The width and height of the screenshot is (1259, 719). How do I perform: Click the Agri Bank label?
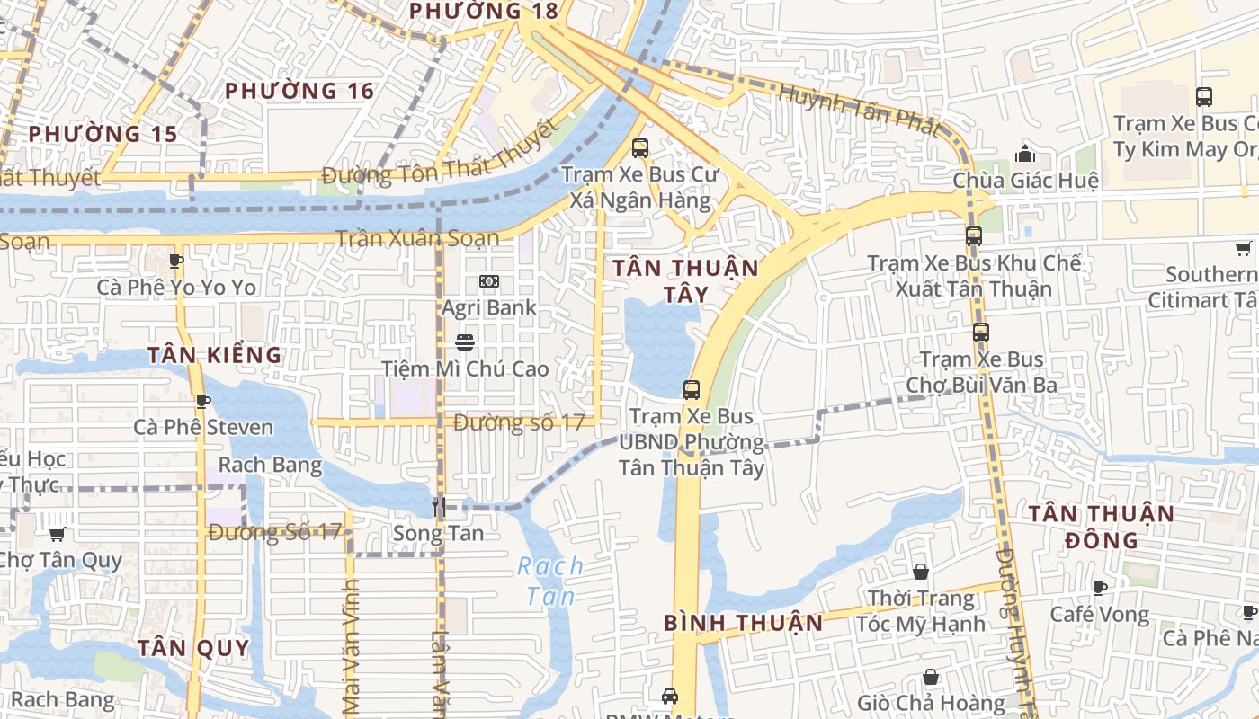(x=488, y=307)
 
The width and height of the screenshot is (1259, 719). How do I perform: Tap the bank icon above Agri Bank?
(x=488, y=281)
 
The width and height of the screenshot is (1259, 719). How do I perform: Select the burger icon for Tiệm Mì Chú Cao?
(x=465, y=342)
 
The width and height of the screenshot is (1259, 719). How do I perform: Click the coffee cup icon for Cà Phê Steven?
(x=202, y=401)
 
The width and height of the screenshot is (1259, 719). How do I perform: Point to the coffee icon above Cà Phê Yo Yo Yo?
(x=176, y=261)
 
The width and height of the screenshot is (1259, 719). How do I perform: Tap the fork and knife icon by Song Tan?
(x=439, y=507)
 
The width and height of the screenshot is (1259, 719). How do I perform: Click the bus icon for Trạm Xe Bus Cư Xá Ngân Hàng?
(x=640, y=148)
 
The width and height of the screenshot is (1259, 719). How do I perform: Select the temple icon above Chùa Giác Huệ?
(x=1024, y=155)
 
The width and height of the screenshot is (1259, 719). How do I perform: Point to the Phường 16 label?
(x=299, y=91)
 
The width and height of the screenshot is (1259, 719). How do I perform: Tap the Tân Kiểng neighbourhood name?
(x=215, y=355)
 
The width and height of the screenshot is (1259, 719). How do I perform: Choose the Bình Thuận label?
(x=744, y=623)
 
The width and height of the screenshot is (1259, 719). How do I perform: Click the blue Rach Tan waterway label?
(x=550, y=581)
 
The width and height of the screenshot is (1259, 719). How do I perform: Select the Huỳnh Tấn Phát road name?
(x=858, y=109)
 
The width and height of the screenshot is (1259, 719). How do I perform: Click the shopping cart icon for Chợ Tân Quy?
(x=58, y=535)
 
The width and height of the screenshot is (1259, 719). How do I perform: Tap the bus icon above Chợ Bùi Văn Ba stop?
(x=980, y=333)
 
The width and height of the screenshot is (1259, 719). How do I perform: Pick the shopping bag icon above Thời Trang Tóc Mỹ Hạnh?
(x=921, y=572)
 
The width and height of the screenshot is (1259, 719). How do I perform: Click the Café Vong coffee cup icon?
(x=1099, y=588)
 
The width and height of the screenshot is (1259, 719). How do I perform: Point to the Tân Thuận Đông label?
(x=1102, y=527)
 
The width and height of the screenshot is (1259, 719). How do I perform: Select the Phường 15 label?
(x=103, y=134)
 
